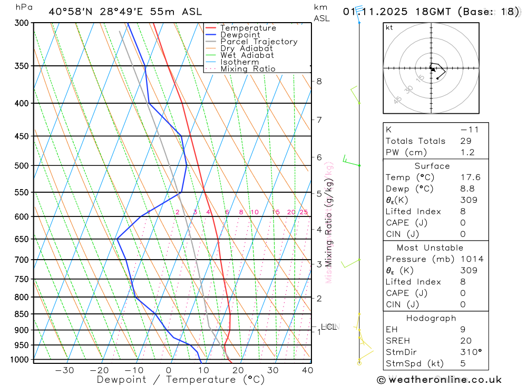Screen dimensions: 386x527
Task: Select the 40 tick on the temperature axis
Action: (x=307, y=370)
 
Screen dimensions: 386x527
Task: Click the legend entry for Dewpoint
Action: (x=240, y=35)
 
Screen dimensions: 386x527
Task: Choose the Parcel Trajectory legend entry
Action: (x=259, y=42)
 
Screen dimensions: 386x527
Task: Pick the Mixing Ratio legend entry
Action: (x=248, y=69)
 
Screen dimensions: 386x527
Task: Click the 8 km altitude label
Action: (x=319, y=81)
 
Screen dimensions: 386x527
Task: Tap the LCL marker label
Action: (x=328, y=327)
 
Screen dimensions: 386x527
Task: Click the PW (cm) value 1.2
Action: (x=467, y=152)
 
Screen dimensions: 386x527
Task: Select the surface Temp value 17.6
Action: (x=470, y=177)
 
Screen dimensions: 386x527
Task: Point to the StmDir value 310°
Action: (x=471, y=352)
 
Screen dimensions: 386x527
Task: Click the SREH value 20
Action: (x=465, y=341)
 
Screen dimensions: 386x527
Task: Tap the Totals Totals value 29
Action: (x=465, y=141)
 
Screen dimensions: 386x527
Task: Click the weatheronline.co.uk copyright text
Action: (x=440, y=380)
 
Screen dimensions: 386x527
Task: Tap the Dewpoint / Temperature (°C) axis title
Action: (x=181, y=380)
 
